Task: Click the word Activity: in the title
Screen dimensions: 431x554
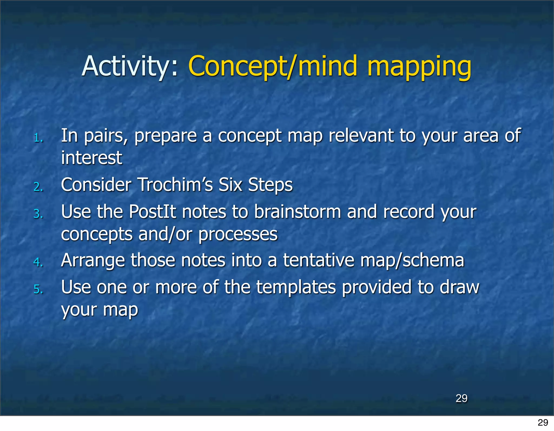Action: (x=130, y=66)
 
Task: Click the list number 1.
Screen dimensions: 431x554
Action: (x=38, y=138)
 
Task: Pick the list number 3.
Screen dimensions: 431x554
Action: (x=38, y=214)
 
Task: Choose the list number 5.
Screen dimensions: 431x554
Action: (x=38, y=289)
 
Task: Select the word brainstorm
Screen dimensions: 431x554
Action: (x=297, y=212)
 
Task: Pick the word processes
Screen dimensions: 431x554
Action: (x=238, y=235)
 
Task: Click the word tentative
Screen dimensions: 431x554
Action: (x=318, y=260)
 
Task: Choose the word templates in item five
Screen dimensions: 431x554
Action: (x=296, y=288)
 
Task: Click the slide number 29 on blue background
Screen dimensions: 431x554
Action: (x=461, y=398)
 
